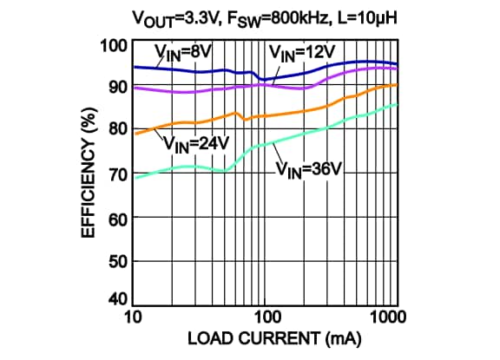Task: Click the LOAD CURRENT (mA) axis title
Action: [x=263, y=340]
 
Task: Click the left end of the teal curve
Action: [x=135, y=177]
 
